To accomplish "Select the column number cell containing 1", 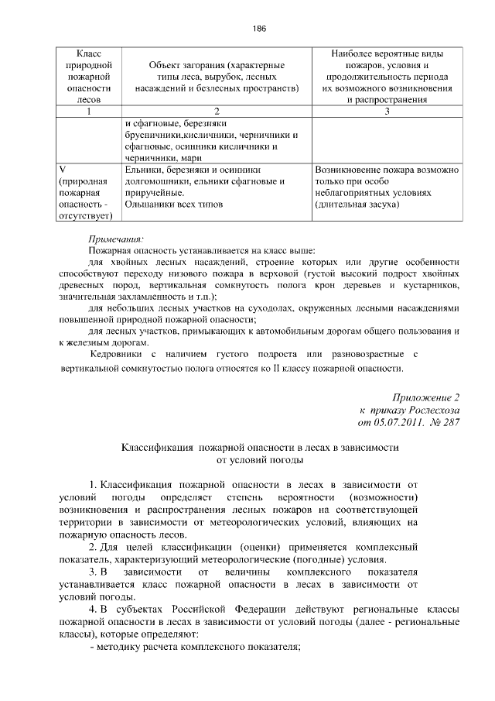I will [89, 111].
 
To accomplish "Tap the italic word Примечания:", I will [115, 239].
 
